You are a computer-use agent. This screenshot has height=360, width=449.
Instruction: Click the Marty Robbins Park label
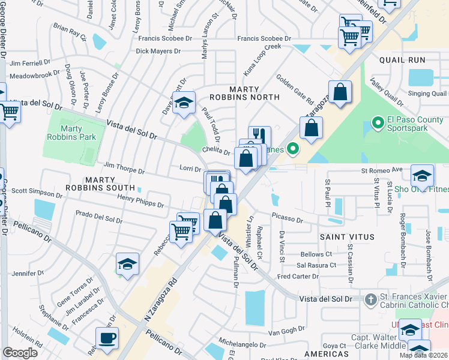click(x=70, y=132)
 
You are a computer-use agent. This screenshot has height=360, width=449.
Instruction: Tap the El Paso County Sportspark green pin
click(x=377, y=124)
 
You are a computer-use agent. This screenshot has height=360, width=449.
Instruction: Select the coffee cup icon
click(x=107, y=338)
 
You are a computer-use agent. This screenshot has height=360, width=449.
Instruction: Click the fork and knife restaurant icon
click(x=259, y=136)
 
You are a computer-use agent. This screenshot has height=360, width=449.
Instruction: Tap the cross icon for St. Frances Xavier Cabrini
click(x=371, y=299)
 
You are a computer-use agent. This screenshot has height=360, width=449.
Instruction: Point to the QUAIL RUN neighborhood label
click(x=402, y=60)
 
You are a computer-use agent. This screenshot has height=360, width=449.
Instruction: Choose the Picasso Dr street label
click(x=287, y=220)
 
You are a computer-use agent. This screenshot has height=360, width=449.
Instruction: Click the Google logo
click(x=20, y=352)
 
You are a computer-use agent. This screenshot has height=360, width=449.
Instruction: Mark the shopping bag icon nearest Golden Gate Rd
click(x=340, y=92)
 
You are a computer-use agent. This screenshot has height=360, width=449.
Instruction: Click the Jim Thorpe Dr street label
click(x=124, y=167)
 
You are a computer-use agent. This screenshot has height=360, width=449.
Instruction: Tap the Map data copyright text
click(x=423, y=355)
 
